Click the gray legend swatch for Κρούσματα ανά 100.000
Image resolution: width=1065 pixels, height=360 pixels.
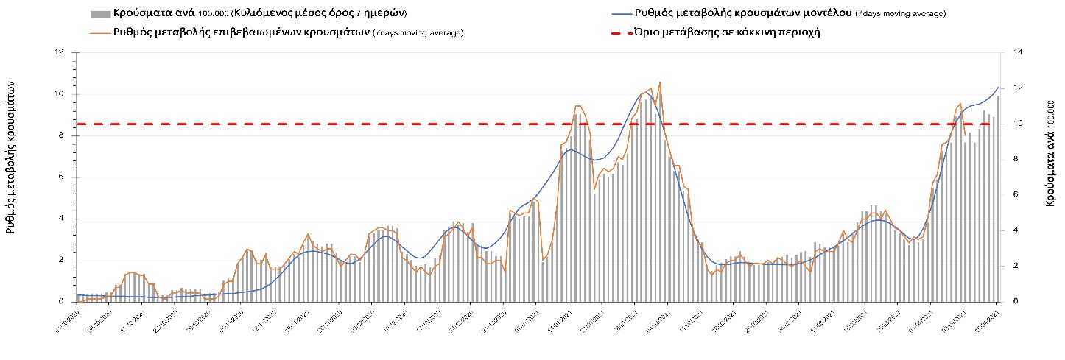click(x=99, y=14)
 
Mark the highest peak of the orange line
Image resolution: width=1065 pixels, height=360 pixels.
click(x=660, y=82)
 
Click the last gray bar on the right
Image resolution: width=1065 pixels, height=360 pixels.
click(x=999, y=199)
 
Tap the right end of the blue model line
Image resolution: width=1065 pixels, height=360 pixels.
click(x=999, y=88)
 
